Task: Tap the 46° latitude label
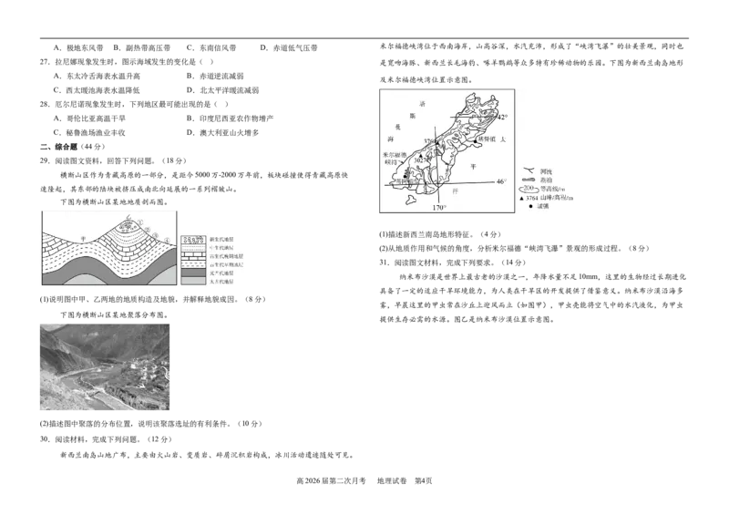point(500,181)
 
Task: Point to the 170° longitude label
point(438,208)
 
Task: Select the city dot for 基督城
point(474,142)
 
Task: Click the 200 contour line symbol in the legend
point(528,189)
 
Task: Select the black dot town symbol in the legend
point(529,207)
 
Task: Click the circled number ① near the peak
point(142,222)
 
